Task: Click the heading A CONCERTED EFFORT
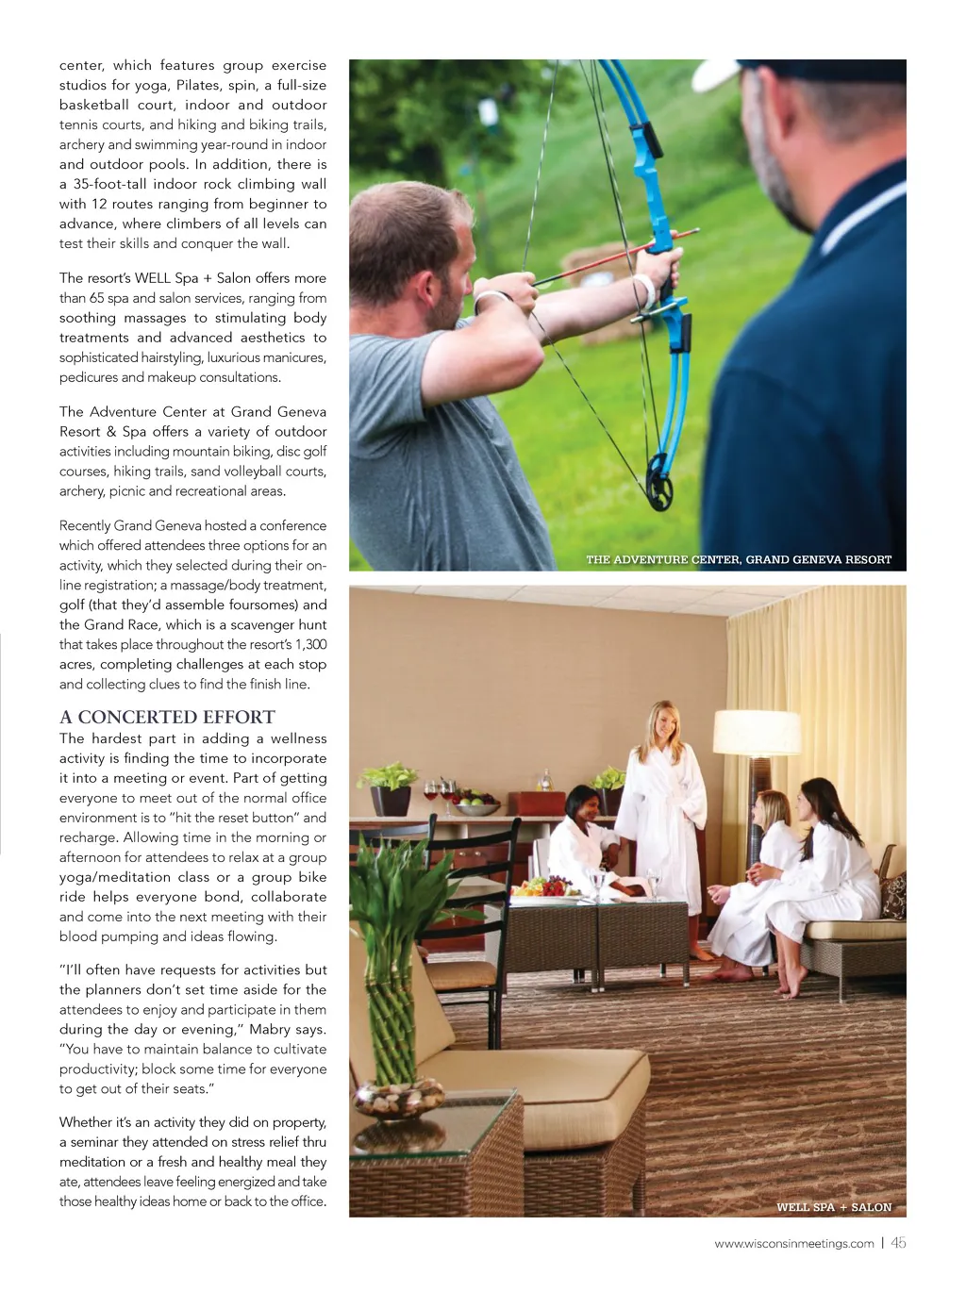point(167,717)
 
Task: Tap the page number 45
point(898,1243)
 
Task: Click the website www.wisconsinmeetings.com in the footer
point(793,1244)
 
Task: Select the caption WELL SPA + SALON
point(833,1207)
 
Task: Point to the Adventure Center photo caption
point(738,560)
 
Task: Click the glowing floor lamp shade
point(757,733)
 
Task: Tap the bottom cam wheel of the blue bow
point(659,492)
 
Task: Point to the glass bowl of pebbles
point(399,1099)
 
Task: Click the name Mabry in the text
point(270,1030)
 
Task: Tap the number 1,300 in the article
point(308,644)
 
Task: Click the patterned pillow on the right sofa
point(893,895)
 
